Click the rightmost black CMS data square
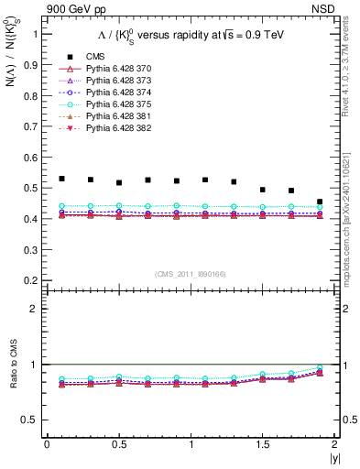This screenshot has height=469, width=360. click(320, 202)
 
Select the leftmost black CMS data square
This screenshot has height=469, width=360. click(61, 179)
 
